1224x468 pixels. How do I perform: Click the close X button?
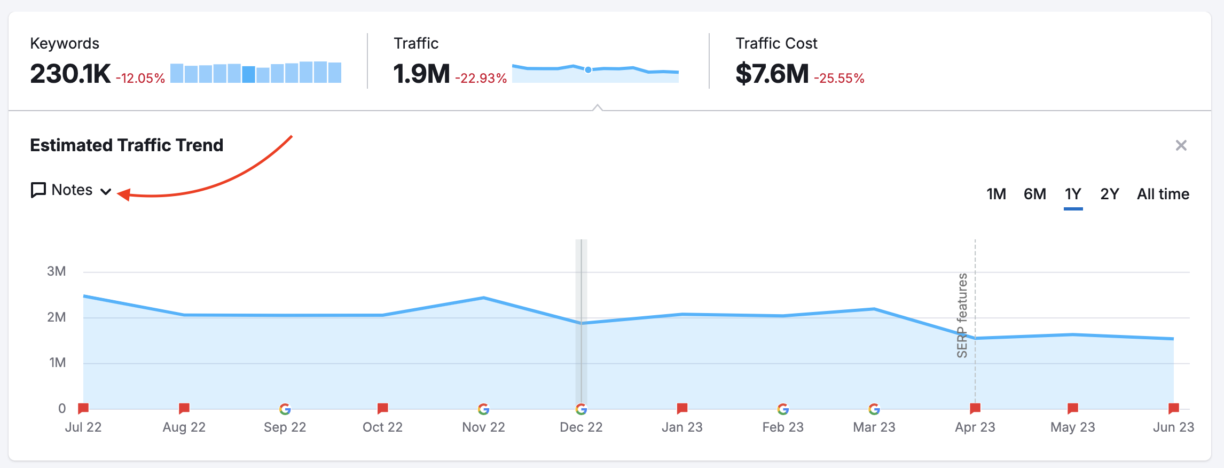tap(1181, 145)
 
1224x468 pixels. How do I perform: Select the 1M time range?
tap(996, 194)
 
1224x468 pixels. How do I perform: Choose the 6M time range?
tap(1034, 194)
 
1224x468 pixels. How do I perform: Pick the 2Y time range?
tap(1109, 194)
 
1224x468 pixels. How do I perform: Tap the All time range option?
tap(1163, 194)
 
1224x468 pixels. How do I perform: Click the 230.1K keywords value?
tap(70, 74)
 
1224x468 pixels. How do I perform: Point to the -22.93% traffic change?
tap(481, 79)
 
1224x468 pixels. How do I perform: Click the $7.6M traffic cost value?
tap(772, 74)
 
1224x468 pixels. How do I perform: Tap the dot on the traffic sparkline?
tap(588, 69)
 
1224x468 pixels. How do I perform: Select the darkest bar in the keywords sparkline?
tap(248, 74)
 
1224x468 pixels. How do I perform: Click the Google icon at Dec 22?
tap(581, 409)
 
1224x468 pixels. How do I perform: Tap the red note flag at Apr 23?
tap(975, 409)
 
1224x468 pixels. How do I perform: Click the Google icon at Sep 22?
tap(285, 409)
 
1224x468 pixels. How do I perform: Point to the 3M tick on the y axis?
tap(57, 271)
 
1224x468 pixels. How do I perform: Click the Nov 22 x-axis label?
tap(483, 427)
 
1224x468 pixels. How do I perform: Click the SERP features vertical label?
tap(962, 315)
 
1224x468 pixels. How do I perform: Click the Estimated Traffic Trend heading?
tap(127, 145)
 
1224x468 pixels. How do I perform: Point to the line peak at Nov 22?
tap(483, 298)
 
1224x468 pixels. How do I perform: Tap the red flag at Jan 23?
tap(682, 409)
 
